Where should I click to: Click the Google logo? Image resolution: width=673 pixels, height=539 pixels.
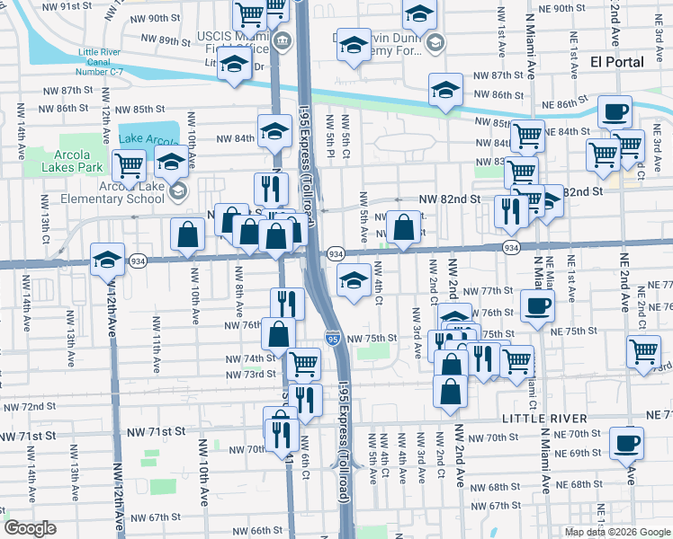tap(30, 528)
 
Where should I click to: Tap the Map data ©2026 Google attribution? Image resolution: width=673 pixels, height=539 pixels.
tap(616, 532)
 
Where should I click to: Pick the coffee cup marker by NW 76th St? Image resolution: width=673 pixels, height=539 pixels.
tap(537, 305)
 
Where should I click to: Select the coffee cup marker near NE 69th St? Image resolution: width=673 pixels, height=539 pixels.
tap(626, 442)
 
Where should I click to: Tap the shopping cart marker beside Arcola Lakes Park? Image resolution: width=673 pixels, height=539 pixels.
tap(130, 164)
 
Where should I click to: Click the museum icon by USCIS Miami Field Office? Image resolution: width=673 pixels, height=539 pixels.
tap(281, 40)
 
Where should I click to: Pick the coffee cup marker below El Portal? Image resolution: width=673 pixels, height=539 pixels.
tap(615, 111)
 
